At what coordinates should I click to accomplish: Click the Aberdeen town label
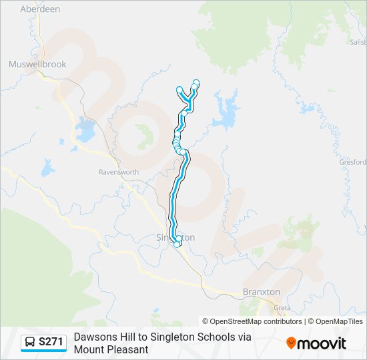40,9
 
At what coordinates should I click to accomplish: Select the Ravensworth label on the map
119,172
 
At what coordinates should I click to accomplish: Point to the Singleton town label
175,237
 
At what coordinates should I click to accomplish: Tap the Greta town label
282,308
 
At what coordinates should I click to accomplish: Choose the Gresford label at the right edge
353,162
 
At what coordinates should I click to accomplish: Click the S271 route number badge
51,342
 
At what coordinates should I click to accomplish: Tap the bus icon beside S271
31,342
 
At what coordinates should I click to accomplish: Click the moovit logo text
322,343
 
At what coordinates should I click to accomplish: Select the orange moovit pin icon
291,343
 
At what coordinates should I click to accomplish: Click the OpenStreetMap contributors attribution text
252,321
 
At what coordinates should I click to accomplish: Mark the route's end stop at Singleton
177,244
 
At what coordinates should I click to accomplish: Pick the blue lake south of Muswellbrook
85,130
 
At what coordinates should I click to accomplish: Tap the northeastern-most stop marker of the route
196,83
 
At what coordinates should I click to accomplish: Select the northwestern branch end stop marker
179,89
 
